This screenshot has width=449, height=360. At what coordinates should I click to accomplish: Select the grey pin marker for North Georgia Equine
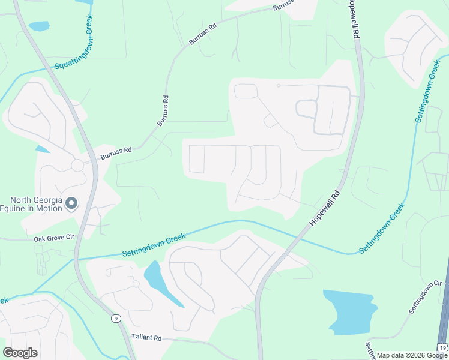pyautogui.click(x=71, y=204)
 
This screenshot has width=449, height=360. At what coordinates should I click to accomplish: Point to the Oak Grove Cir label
pyautogui.click(x=53, y=238)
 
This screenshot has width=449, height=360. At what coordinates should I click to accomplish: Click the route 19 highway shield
pyautogui.click(x=442, y=348)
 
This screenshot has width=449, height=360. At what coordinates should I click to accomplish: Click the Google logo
pyautogui.click(x=20, y=353)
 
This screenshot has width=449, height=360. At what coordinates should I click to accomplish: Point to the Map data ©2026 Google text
pyautogui.click(x=411, y=355)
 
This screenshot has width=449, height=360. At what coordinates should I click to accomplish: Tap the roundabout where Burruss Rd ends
pyautogui.click(x=77, y=165)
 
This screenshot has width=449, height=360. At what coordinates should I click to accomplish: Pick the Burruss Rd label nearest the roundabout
pyautogui.click(x=116, y=154)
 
